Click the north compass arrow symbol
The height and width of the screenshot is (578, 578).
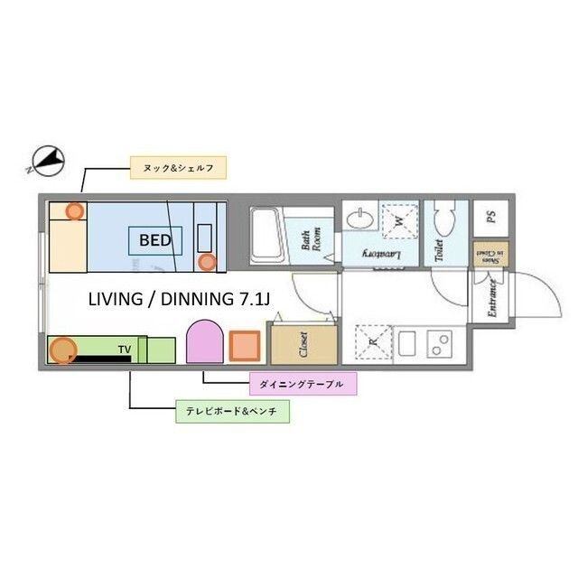pyautogui.click(x=45, y=162)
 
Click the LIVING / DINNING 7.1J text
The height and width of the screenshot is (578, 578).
pyautogui.click(x=178, y=299)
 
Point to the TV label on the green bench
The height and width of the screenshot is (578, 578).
pyautogui.click(x=124, y=347)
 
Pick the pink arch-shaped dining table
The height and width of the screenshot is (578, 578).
pyautogui.click(x=204, y=340)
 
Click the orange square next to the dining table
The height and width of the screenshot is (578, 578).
pyautogui.click(x=244, y=346)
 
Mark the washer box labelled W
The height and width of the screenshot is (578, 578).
pyautogui.click(x=396, y=219)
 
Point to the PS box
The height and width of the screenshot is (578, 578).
pyautogui.click(x=490, y=217)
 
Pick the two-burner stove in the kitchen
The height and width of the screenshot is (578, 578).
pyautogui.click(x=439, y=344)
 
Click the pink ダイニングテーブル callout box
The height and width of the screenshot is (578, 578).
pyautogui.click(x=302, y=384)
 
